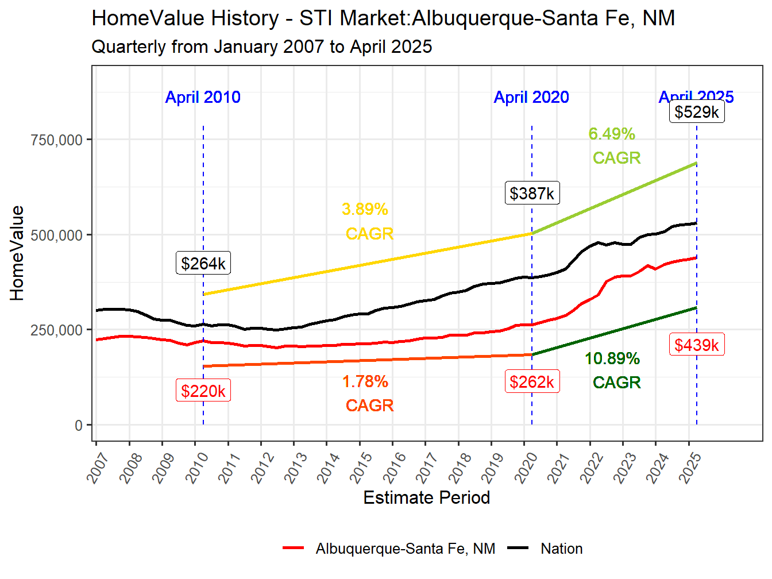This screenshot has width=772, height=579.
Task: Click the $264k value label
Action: click(x=203, y=263)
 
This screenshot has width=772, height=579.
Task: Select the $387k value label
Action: click(x=532, y=193)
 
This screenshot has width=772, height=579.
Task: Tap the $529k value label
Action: click(x=696, y=111)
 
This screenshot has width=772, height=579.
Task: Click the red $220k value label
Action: click(x=203, y=391)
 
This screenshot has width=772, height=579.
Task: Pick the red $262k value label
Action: click(x=532, y=381)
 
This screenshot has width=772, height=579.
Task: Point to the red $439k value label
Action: click(x=696, y=345)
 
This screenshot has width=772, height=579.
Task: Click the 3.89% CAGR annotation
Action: click(x=368, y=221)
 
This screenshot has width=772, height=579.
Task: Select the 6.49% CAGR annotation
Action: click(x=613, y=145)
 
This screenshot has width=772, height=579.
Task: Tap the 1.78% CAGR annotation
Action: click(x=368, y=393)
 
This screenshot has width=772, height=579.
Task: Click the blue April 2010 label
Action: click(x=203, y=97)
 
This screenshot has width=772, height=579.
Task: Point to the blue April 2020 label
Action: click(x=531, y=97)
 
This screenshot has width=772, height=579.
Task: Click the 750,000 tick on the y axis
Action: click(x=56, y=140)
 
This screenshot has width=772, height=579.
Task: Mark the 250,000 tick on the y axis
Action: click(x=56, y=330)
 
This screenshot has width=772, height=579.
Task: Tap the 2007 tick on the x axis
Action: click(x=98, y=466)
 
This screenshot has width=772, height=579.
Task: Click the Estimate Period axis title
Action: click(x=426, y=497)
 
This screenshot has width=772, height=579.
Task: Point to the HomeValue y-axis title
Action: click(x=17, y=253)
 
